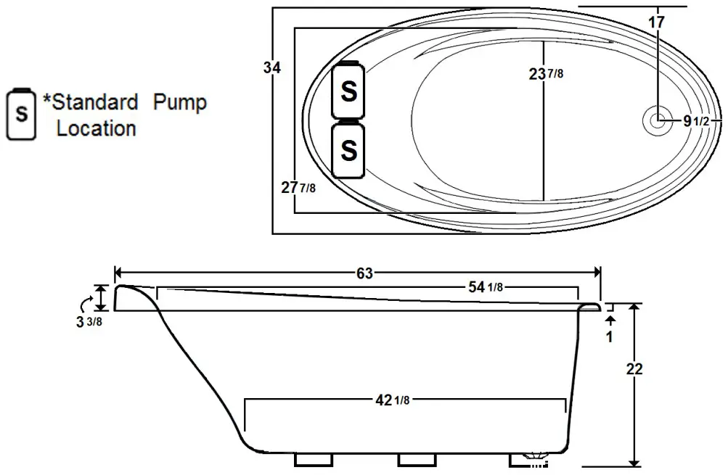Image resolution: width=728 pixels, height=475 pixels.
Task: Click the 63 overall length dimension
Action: [x=364, y=273]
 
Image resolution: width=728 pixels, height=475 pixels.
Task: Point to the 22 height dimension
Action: [x=634, y=368]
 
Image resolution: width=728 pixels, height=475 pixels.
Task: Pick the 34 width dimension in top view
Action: [x=272, y=68]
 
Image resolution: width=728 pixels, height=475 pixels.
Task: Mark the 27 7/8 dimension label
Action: [x=298, y=188]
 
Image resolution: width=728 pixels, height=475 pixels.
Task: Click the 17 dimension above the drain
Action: [x=656, y=22]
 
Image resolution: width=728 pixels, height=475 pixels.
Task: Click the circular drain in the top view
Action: [x=658, y=121]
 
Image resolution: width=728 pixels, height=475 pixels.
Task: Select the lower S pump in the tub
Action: [x=348, y=150]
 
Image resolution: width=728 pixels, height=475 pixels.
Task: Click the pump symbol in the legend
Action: [x=23, y=114]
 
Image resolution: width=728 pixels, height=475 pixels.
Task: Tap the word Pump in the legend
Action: [x=179, y=102]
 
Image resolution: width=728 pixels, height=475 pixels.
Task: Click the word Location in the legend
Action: [x=97, y=129]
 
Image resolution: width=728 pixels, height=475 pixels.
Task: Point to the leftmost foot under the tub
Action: [x=313, y=460]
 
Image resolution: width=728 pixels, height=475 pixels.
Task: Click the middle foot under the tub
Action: [x=417, y=460]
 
